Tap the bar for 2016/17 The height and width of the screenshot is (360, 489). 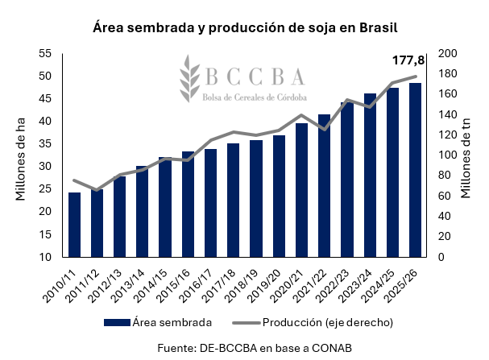tap(210, 203)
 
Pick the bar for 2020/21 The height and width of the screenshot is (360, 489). tap(301, 190)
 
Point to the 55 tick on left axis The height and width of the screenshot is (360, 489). tap(44, 53)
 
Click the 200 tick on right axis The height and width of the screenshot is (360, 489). tap(447, 53)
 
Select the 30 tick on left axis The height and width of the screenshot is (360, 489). tap(44, 167)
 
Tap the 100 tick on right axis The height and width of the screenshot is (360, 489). tap(447, 155)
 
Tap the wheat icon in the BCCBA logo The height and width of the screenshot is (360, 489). tap(189, 79)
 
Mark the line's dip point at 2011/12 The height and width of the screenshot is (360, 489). tap(97, 190)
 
